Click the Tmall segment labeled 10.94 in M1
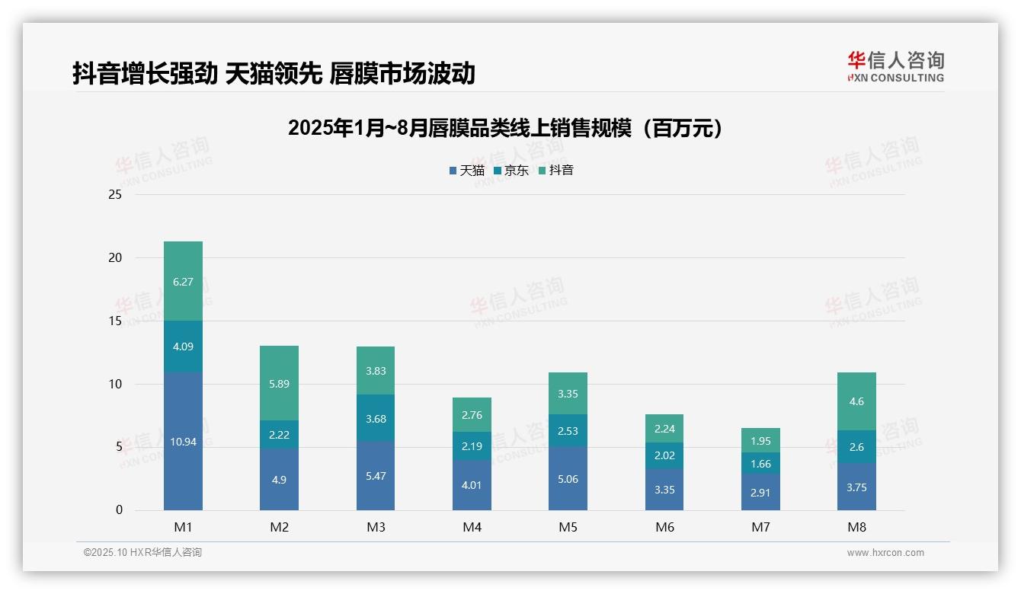[x=183, y=441]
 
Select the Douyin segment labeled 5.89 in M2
[x=279, y=383]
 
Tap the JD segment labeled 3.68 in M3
[x=375, y=418]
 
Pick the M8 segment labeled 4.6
[x=856, y=401]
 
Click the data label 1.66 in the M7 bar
[x=760, y=464]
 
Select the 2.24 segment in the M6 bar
[x=664, y=429]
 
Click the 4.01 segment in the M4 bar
[x=472, y=485]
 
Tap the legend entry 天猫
[x=466, y=171]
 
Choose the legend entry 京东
[x=511, y=171]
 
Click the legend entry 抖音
[x=556, y=171]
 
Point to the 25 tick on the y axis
[x=115, y=195]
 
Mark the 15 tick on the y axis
[x=115, y=321]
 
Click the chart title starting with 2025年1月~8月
[x=504, y=129]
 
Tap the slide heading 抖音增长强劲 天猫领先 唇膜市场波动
[x=274, y=73]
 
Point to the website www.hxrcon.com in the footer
[x=885, y=553]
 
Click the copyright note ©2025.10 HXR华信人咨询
[x=142, y=553]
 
